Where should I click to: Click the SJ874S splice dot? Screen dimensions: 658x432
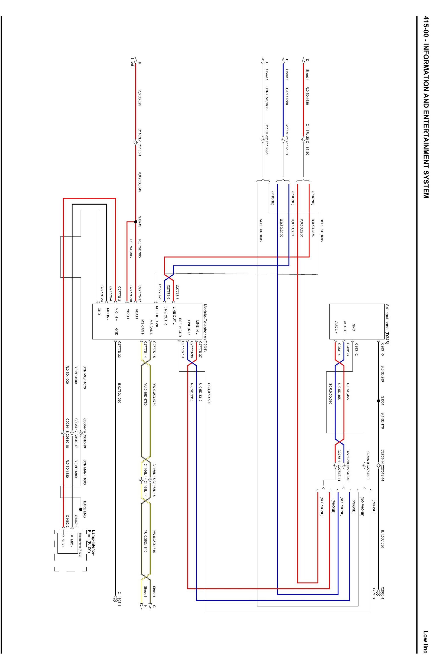tap(136, 222)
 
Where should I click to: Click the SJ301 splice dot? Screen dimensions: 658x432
tap(378, 401)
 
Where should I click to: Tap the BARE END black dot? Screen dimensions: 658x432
tap(81, 509)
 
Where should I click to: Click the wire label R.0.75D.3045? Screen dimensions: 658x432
tap(140, 182)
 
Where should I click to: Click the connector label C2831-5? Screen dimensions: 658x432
tap(383, 352)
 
